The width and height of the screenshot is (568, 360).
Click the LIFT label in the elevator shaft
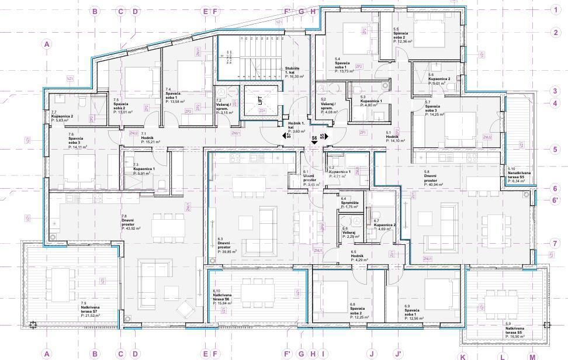click(261, 101)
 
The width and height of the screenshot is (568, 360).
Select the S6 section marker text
click(314, 138)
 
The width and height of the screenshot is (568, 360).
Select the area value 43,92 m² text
click(131, 228)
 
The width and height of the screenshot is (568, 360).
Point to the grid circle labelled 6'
click(556, 200)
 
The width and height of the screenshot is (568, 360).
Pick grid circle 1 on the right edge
click(556, 9)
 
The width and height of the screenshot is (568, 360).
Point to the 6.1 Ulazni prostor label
click(310, 178)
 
